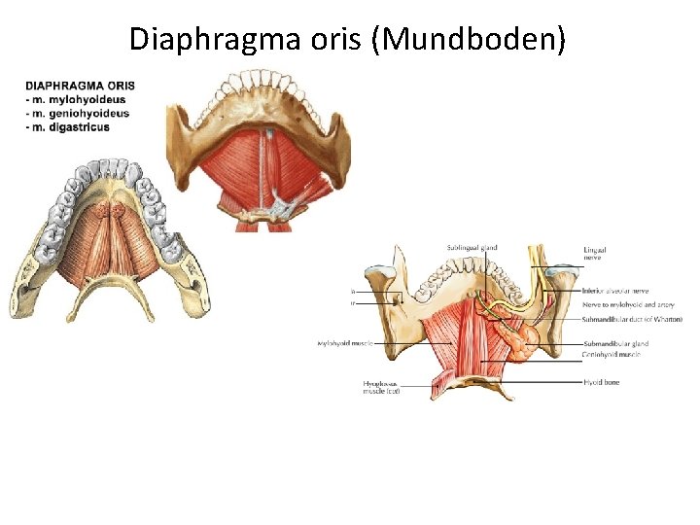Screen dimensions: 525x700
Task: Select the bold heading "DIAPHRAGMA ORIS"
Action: point(81,86)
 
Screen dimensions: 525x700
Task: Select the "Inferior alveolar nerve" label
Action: point(615,291)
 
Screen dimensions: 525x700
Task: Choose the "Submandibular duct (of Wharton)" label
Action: point(632,319)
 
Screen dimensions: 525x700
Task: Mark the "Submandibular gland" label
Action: point(615,343)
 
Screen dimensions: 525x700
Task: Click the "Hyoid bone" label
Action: point(601,382)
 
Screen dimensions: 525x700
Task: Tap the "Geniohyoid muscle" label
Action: point(612,355)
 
